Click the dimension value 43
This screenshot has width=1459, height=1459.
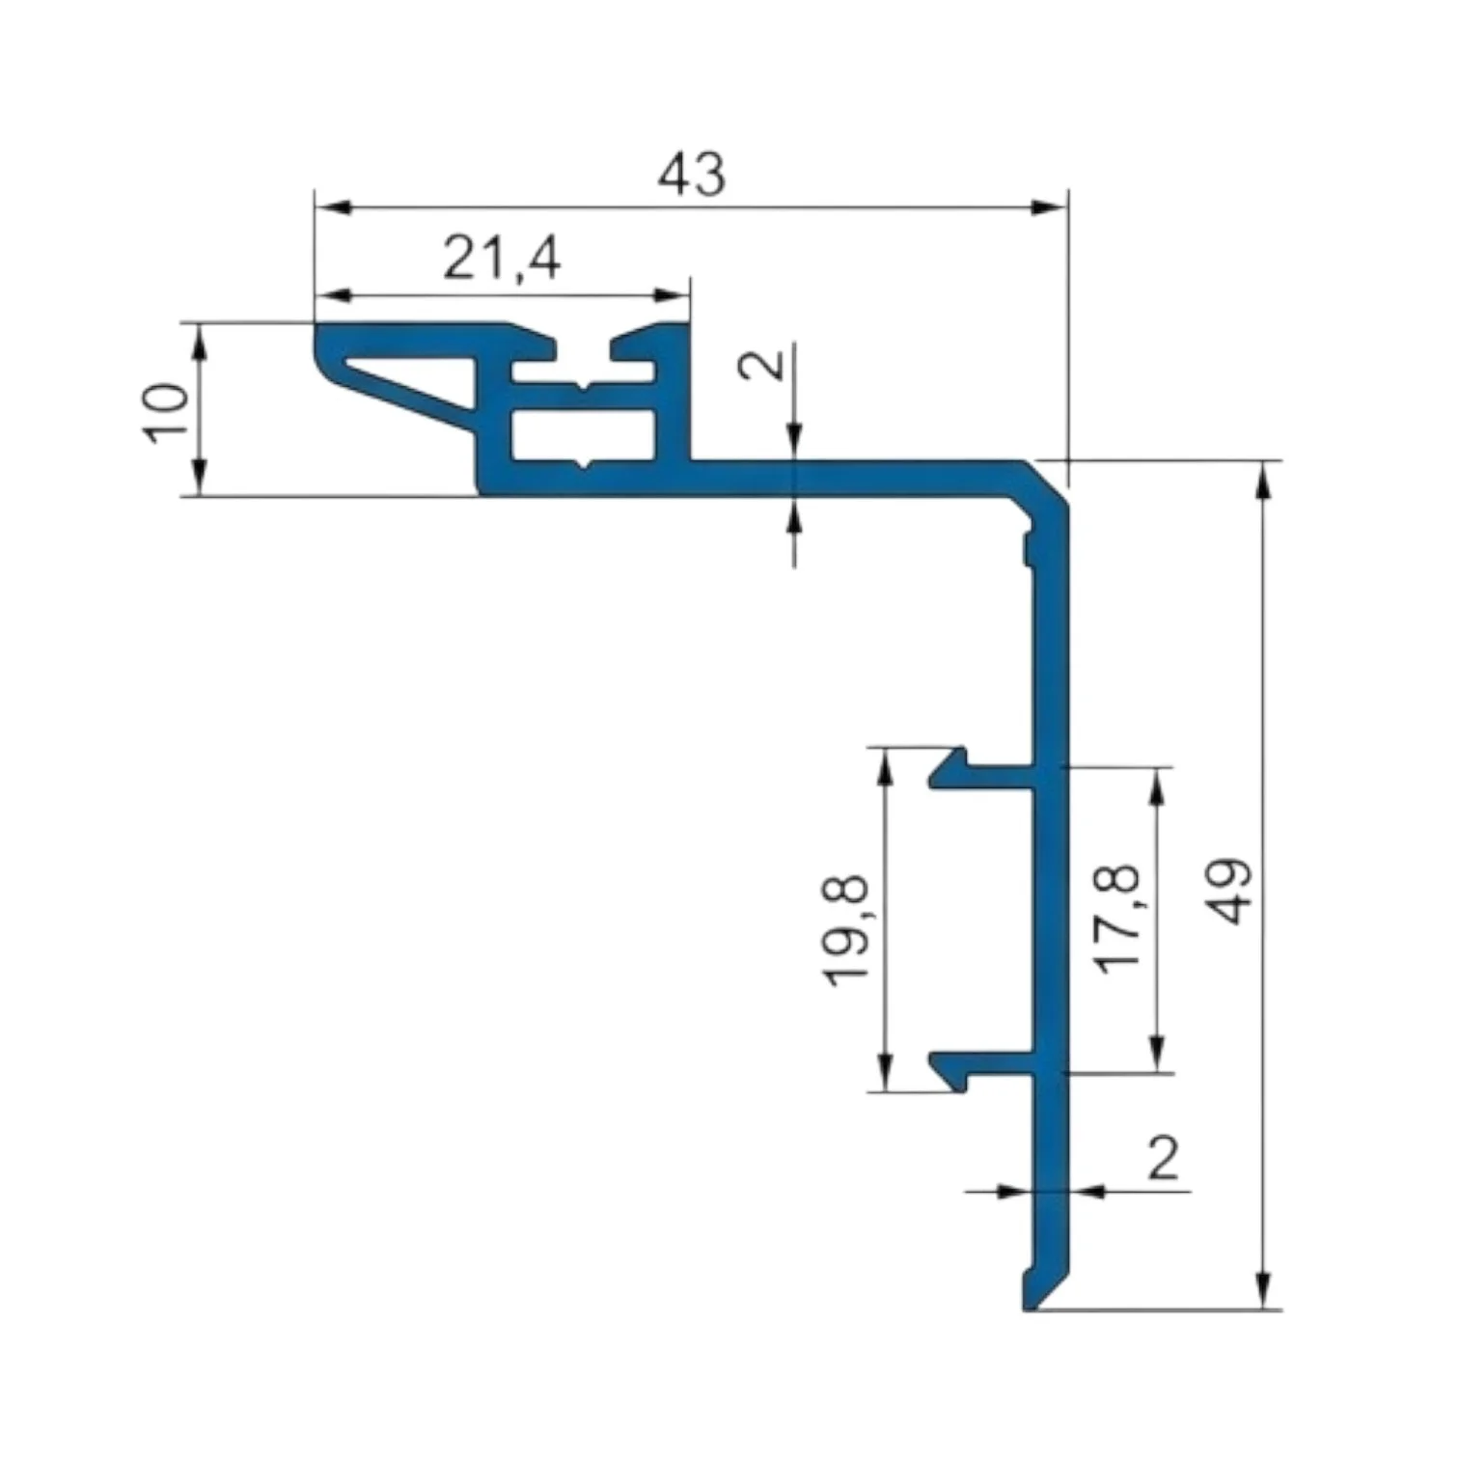[x=691, y=176]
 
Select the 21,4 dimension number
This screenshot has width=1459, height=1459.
[x=502, y=259]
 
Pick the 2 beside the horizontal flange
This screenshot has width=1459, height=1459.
[x=767, y=364]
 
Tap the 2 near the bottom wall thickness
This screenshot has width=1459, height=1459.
[x=1163, y=1158]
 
